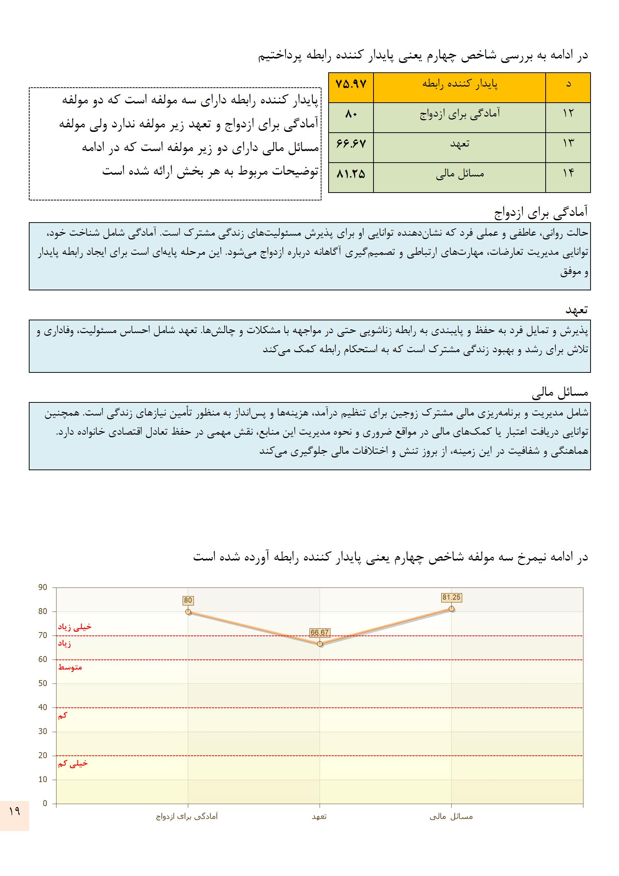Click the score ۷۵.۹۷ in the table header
351,84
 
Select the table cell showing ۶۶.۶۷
351,144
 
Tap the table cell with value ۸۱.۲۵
351,174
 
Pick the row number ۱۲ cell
568,113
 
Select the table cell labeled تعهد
460,144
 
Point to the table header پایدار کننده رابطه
460,84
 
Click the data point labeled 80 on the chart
188,611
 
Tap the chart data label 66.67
319,632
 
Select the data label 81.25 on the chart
452,598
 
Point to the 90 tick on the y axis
43,587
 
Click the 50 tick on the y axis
43,683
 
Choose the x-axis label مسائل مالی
451,816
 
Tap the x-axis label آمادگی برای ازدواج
187,816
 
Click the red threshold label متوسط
70,667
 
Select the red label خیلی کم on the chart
73,763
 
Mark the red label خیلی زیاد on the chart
75,627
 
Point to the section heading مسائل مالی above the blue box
560,393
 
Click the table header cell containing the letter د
568,84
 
